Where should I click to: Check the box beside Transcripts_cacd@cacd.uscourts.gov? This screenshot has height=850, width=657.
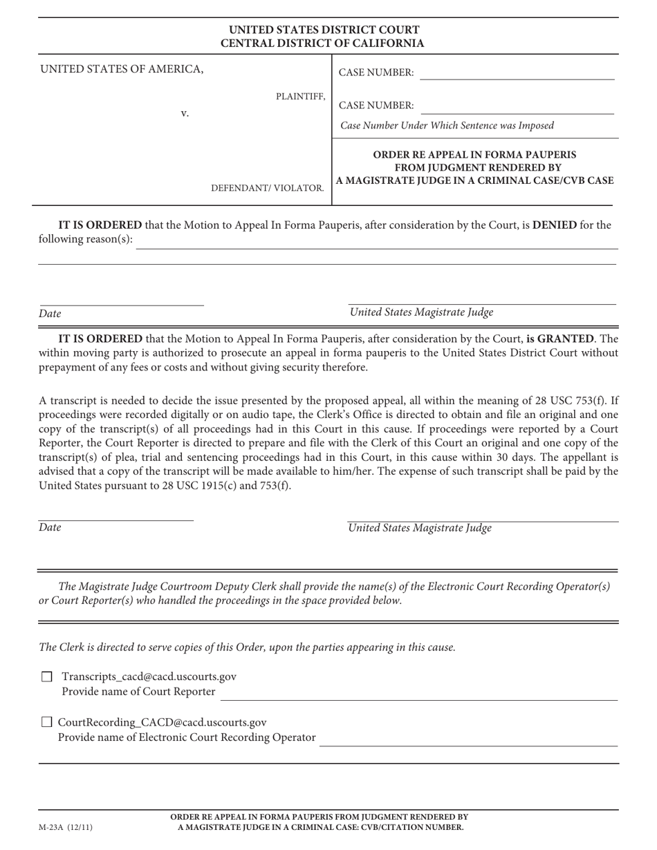[x=47, y=677]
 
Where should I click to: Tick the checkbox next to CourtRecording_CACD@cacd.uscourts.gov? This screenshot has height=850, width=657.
[x=47, y=722]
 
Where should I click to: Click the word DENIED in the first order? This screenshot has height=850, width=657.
[x=554, y=225]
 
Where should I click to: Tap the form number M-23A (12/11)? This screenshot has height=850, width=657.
[x=65, y=827]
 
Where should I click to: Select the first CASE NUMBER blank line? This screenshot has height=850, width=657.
[x=517, y=73]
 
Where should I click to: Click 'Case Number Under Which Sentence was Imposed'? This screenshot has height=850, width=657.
[x=447, y=126]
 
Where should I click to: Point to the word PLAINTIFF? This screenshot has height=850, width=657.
[x=300, y=97]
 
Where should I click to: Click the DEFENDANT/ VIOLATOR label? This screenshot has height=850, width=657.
[x=267, y=188]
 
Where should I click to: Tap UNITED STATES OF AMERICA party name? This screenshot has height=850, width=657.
[x=122, y=69]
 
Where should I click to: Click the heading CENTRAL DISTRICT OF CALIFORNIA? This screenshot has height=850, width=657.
[x=322, y=44]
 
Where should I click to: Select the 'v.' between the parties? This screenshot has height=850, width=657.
[x=185, y=113]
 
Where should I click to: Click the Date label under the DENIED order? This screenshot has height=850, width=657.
[x=50, y=314]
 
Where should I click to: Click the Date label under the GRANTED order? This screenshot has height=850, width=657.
[x=50, y=528]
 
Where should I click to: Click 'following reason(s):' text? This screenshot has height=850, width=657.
[x=85, y=240]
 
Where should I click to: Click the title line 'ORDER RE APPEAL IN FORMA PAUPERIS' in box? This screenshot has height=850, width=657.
[x=474, y=154]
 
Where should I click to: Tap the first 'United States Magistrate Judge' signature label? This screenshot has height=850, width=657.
[x=421, y=312]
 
